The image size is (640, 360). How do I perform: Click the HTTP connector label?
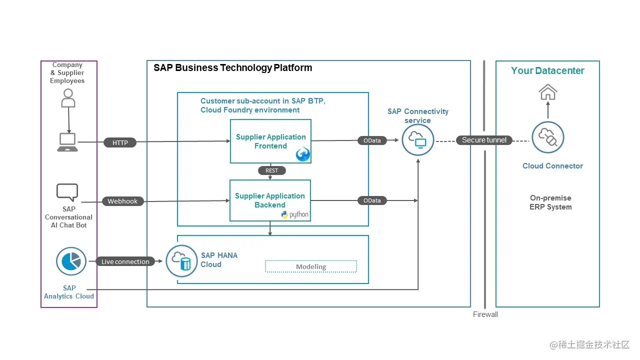click(x=120, y=142)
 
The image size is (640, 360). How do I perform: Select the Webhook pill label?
click(x=122, y=201)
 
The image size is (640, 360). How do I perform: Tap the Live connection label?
click(x=125, y=261)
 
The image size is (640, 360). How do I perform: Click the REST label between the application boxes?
click(x=271, y=170)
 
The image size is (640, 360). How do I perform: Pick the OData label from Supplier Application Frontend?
click(x=372, y=140)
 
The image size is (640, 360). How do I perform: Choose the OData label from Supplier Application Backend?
click(x=372, y=200)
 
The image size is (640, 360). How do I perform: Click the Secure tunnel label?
click(x=484, y=140)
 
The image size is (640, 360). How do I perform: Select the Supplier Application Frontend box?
click(x=270, y=141)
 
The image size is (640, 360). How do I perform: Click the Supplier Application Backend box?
click(x=270, y=200)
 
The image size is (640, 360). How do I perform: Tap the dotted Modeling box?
click(x=310, y=266)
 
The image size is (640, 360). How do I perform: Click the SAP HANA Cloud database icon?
click(x=181, y=261)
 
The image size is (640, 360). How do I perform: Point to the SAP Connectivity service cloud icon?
click(x=417, y=140)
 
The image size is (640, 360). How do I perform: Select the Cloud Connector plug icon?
click(x=547, y=137)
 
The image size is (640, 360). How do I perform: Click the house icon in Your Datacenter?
click(x=547, y=92)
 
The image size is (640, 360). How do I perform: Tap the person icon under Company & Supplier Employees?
click(x=68, y=98)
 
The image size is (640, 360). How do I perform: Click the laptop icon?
click(x=67, y=142)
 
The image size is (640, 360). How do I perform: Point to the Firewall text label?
click(x=485, y=314)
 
